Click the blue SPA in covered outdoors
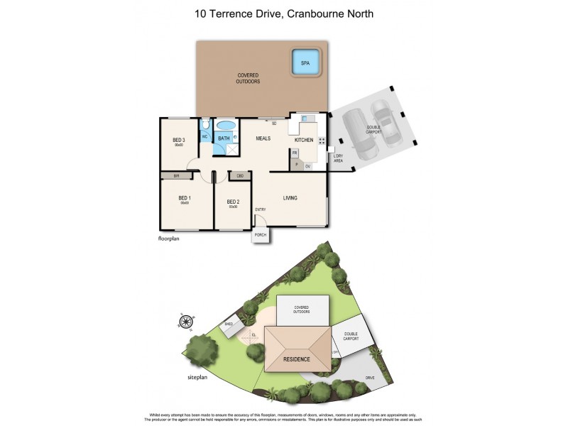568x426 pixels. (305, 62)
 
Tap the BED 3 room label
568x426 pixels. (179, 141)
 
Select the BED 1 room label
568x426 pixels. (184, 199)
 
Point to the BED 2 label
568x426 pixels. (233, 202)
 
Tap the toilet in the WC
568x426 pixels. (204, 128)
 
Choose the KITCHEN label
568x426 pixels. (304, 140)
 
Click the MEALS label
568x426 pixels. (263, 138)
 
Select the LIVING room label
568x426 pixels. (290, 198)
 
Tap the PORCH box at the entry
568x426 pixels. (261, 236)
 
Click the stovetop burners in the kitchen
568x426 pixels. (322, 141)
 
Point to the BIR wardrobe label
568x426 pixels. (176, 175)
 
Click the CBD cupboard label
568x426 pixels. (240, 175)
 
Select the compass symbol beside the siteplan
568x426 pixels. (186, 322)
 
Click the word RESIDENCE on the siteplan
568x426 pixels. (297, 359)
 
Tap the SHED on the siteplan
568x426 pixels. (229, 325)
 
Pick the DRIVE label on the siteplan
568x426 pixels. (370, 378)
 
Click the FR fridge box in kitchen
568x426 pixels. (294, 152)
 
